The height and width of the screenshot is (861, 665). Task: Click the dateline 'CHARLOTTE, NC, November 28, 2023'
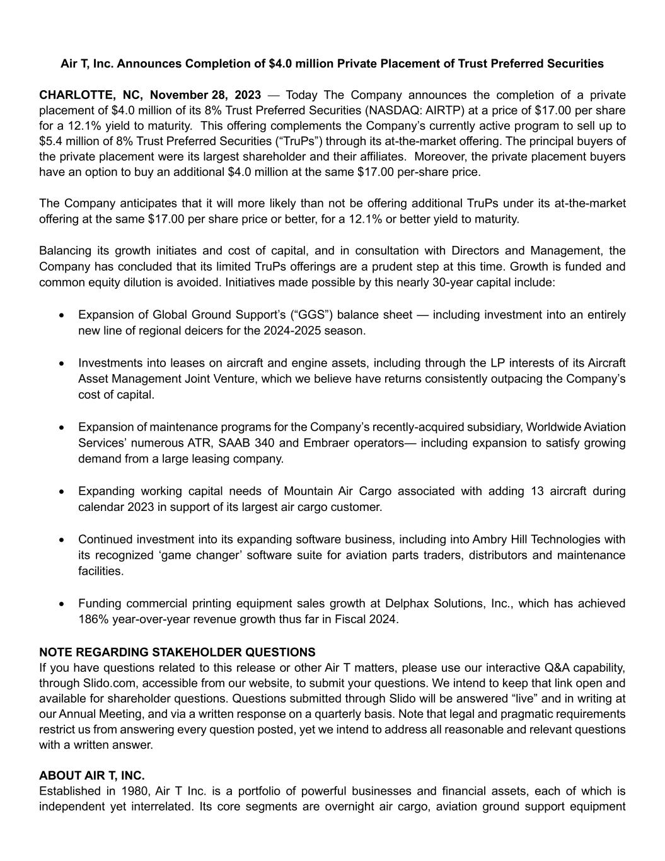(x=150, y=95)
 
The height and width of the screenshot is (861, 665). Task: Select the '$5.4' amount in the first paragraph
(x=50, y=141)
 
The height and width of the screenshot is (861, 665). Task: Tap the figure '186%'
(x=92, y=619)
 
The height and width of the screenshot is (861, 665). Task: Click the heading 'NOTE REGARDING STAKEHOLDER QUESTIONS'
(x=177, y=652)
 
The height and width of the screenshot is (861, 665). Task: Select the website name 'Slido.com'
(x=107, y=683)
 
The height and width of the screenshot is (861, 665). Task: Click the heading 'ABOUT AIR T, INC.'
(x=92, y=776)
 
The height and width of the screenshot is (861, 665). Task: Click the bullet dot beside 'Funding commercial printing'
(x=61, y=604)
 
